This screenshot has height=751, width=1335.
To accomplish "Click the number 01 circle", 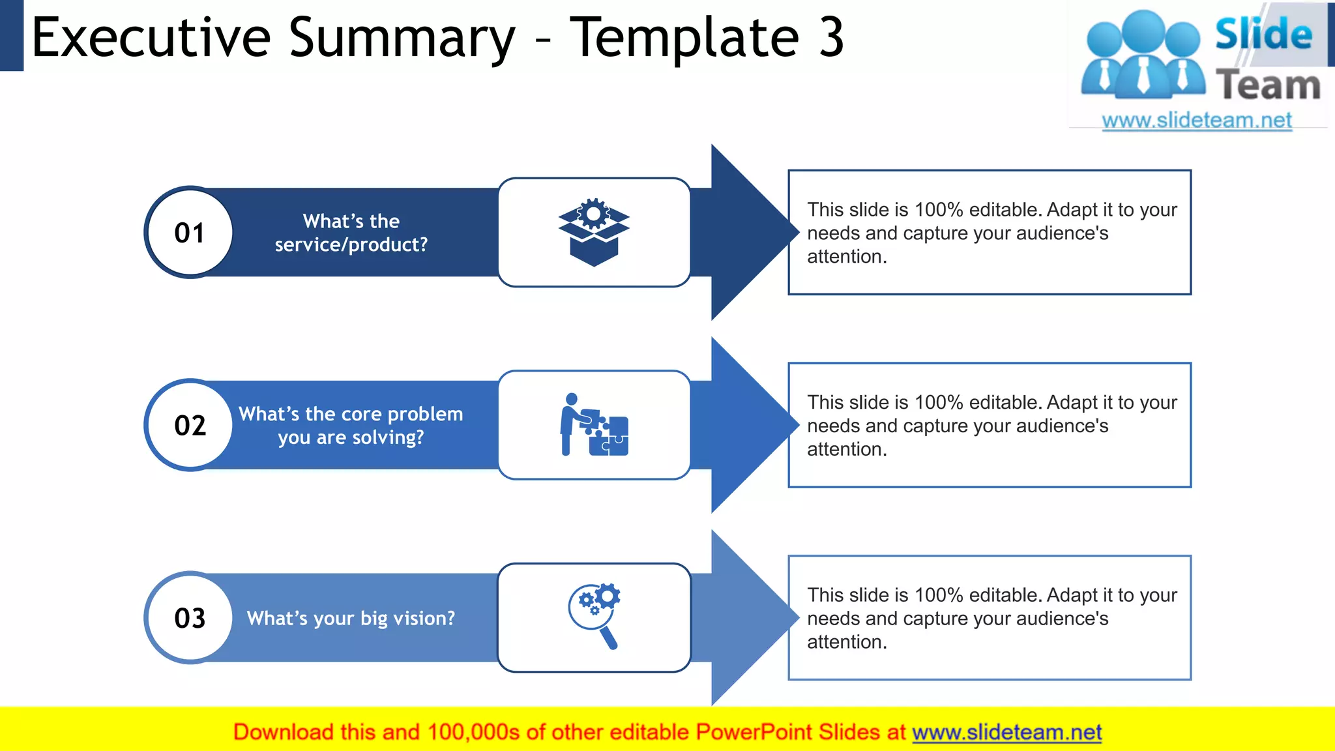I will coord(189,233).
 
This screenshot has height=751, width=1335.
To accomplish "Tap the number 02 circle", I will coord(189,425).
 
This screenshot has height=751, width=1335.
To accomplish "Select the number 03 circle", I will coord(189,617).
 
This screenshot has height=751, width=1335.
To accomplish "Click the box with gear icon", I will coord(594,232).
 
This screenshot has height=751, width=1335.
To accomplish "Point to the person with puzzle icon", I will coord(594,425).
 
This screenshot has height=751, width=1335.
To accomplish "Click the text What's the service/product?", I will coord(351,233).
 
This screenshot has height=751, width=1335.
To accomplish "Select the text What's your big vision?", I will coord(351,618).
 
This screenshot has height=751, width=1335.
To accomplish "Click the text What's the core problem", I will coord(351,414).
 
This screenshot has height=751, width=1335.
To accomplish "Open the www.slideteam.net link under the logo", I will coord(1197,121).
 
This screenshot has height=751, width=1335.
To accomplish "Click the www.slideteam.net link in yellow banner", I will coord(1006,732).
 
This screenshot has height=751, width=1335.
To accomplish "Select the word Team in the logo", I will coord(1268,85).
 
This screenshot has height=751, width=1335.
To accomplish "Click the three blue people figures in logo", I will coord(1143,55).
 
